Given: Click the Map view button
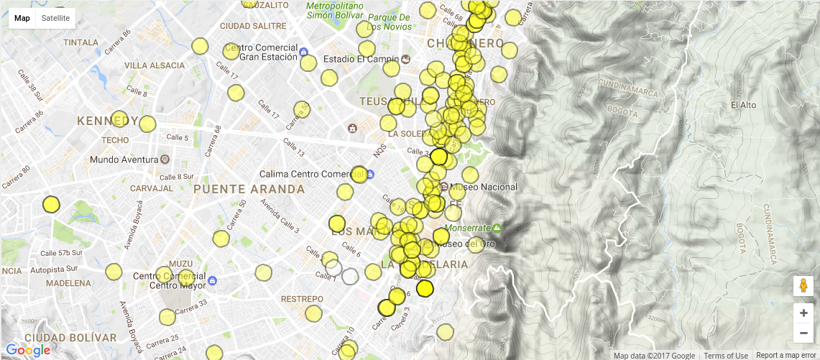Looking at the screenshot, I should [x=22, y=18].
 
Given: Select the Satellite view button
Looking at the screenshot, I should [x=55, y=18].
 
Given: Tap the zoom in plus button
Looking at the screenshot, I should [x=803, y=313].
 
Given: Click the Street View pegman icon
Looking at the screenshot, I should [x=803, y=286].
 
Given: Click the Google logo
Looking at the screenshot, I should [x=29, y=350].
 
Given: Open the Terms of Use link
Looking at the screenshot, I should [x=726, y=356].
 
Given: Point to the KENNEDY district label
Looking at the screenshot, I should [x=108, y=120].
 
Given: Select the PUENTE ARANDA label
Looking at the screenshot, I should [x=249, y=189].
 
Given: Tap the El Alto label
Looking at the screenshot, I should [x=743, y=105].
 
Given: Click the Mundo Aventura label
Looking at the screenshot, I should [x=124, y=159].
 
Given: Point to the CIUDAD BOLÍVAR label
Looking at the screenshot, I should [x=70, y=338].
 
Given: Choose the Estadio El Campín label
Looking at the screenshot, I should [x=359, y=59].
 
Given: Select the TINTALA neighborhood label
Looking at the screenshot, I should [x=80, y=42].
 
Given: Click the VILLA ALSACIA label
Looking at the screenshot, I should [x=155, y=65].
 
